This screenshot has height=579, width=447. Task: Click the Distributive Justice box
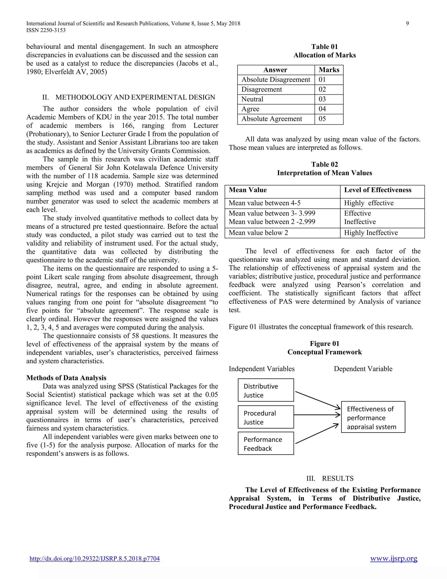pyautogui.click(x=266, y=390)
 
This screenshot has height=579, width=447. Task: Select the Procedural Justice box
pyautogui.click(x=266, y=417)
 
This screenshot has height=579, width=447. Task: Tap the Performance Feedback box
pyautogui.click(x=266, y=444)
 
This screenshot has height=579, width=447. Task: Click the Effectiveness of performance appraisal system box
pyautogui.click(x=373, y=417)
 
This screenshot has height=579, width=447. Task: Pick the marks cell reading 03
pyautogui.click(x=329, y=99)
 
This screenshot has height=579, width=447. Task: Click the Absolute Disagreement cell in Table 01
pyautogui.click(x=276, y=80)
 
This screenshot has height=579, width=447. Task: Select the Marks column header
pyautogui.click(x=329, y=70)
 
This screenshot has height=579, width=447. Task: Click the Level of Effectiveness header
pyautogui.click(x=378, y=190)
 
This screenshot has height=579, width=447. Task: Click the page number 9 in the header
pyautogui.click(x=407, y=23)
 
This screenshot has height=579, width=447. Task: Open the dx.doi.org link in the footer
pyautogui.click(x=95, y=559)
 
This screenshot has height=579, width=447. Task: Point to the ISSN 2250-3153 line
pyautogui.click(x=46, y=30)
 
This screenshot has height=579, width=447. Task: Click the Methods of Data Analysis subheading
pyautogui.click(x=66, y=378)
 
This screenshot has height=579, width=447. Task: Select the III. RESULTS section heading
pyautogui.click(x=330, y=478)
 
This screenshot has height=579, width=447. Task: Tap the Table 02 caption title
pyautogui.click(x=324, y=164)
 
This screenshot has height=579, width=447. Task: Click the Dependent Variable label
pyautogui.click(x=363, y=369)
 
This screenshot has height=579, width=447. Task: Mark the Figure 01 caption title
pyautogui.click(x=324, y=344)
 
